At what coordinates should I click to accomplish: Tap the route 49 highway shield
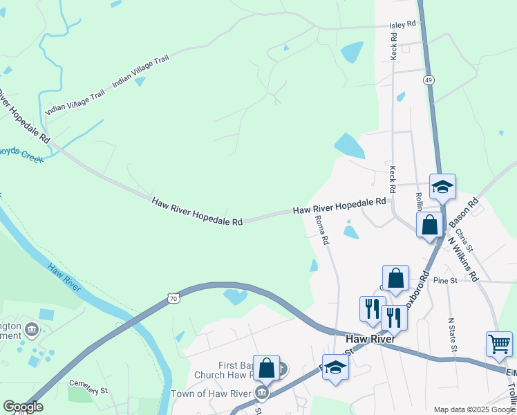click(x=429, y=81)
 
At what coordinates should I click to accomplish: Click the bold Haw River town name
click(x=370, y=340)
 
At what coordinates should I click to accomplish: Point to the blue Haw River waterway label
click(x=61, y=276)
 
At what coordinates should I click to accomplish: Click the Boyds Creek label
click(x=21, y=154)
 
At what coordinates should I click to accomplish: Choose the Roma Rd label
click(x=322, y=230)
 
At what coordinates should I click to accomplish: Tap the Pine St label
click(x=445, y=280)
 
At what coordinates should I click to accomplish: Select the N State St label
click(x=452, y=334)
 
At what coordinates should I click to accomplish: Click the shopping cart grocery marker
click(x=499, y=342)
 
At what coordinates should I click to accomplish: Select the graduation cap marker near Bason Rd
click(x=442, y=186)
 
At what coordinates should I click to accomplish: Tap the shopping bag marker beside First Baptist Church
click(x=266, y=367)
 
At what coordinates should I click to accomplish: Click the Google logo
click(x=23, y=407)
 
